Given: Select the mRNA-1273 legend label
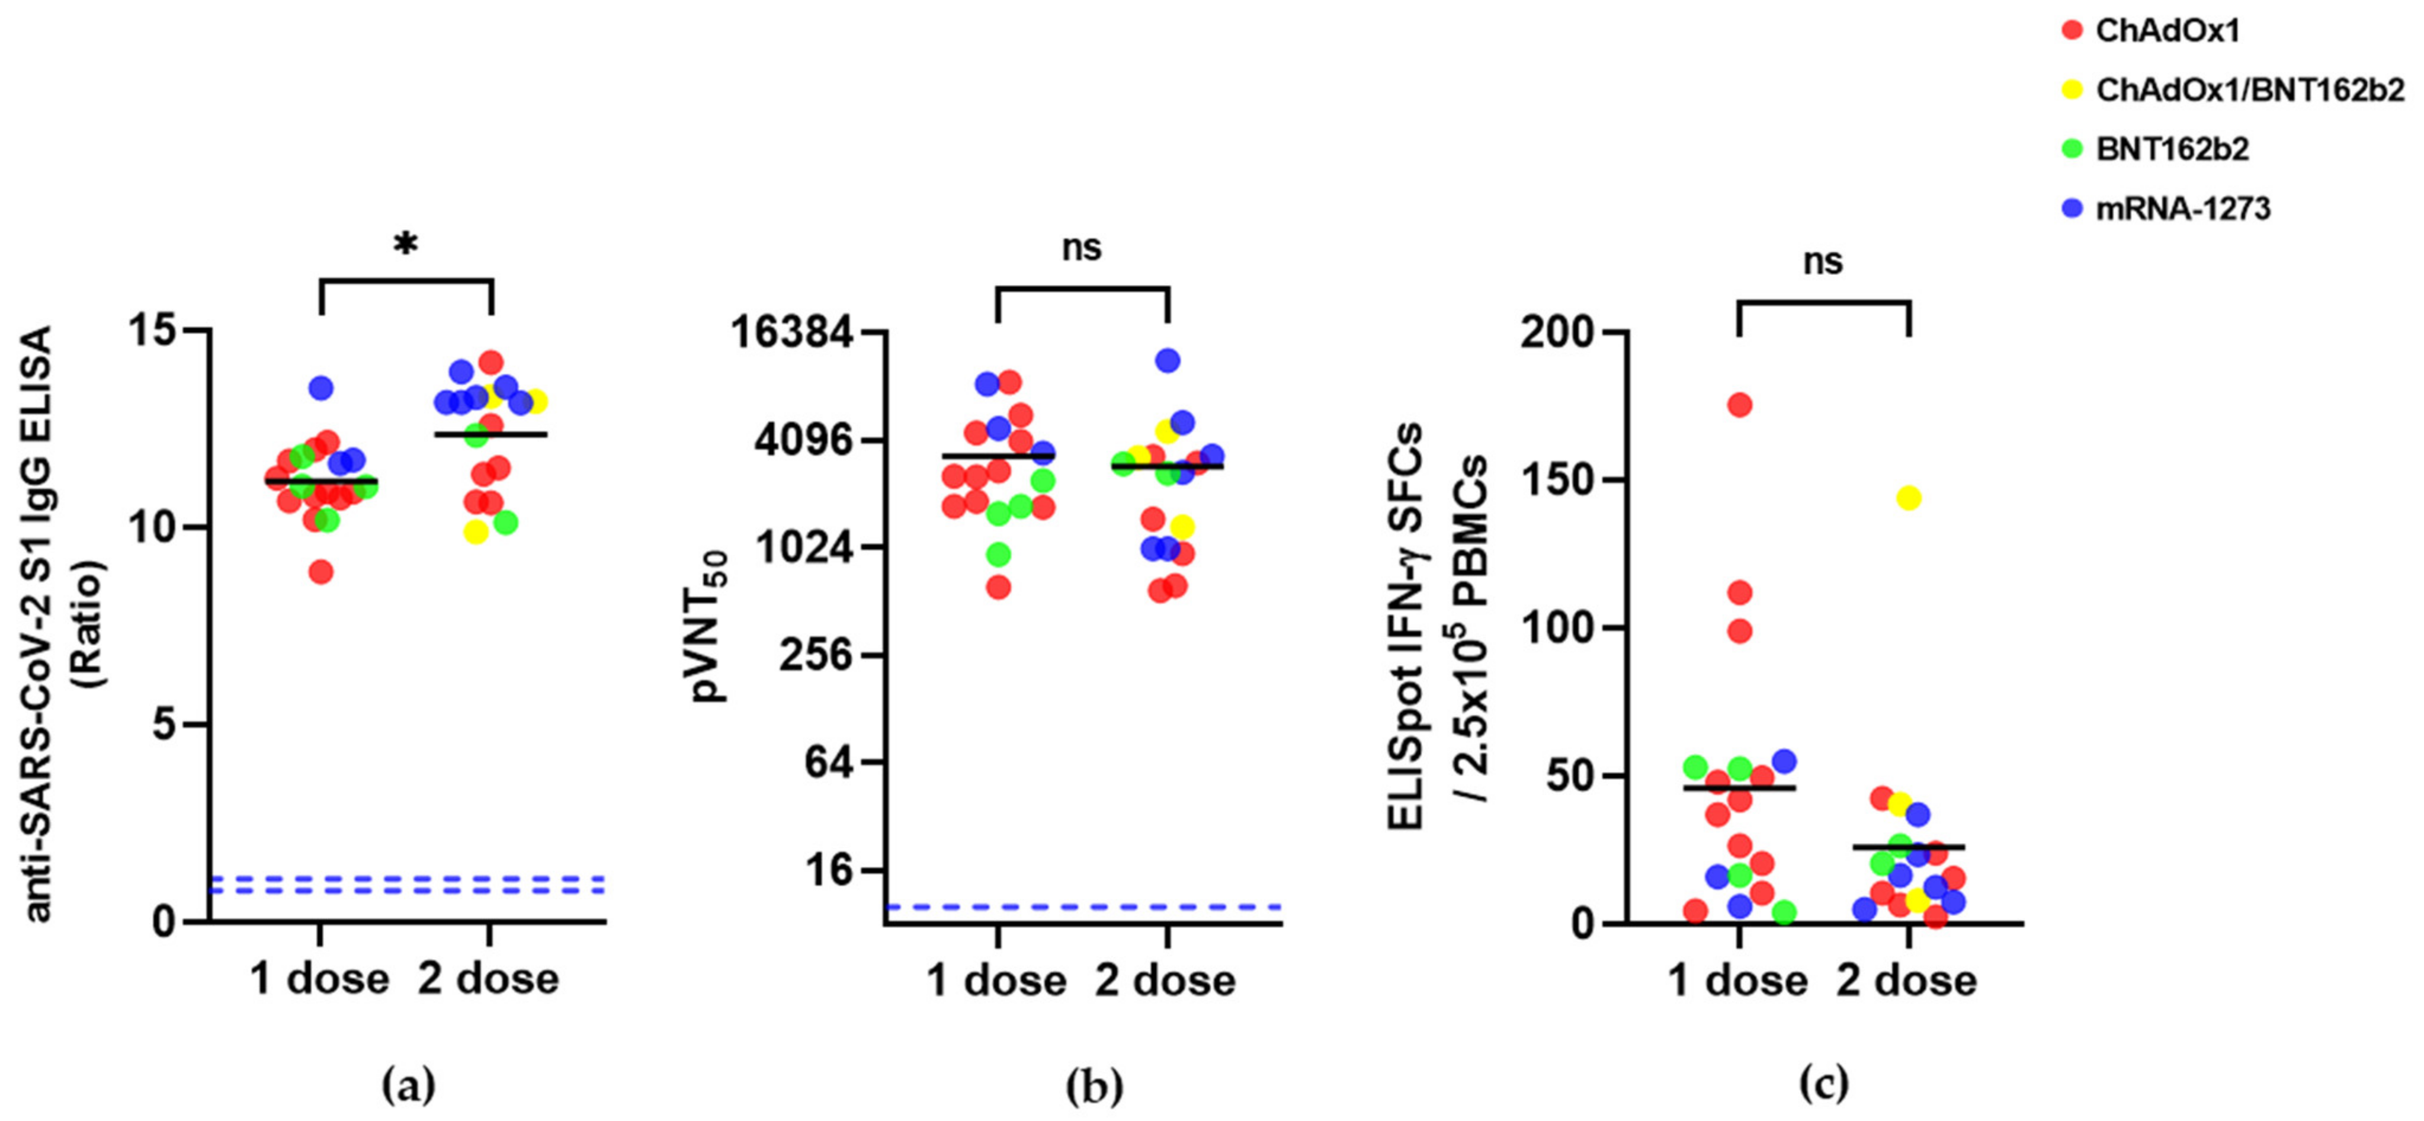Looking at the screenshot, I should coord(2183,208).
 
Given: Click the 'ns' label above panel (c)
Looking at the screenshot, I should coord(1823,261).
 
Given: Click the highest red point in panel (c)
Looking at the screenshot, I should coord(1739,405).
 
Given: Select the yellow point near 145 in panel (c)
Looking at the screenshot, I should coord(1908,498).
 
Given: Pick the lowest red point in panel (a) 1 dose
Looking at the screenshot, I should coord(321,571).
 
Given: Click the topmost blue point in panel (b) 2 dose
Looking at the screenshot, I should coord(1168,360).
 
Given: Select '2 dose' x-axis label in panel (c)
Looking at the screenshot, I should coord(1906,981).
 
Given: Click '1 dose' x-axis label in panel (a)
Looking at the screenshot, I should coord(320,979).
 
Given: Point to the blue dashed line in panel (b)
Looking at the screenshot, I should coord(1082,907).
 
